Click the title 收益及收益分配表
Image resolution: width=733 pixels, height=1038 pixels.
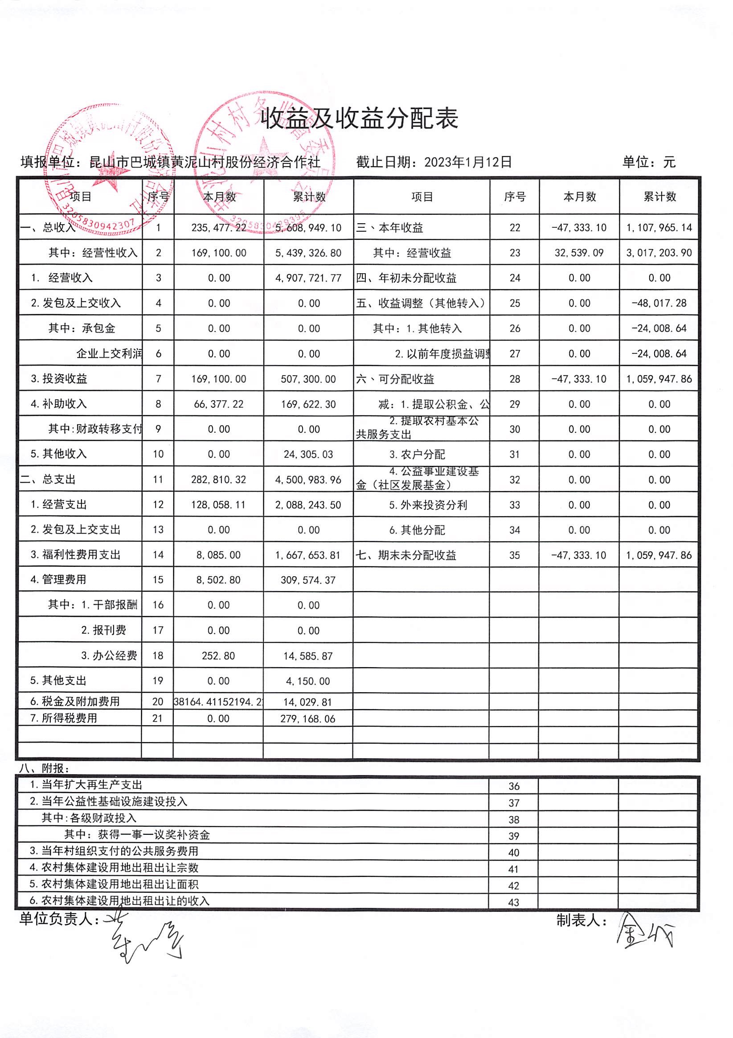(x=360, y=119)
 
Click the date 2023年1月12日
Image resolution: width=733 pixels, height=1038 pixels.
(x=468, y=162)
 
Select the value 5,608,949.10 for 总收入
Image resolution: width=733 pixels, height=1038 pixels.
(x=309, y=228)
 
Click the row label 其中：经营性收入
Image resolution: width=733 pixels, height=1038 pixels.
(x=93, y=253)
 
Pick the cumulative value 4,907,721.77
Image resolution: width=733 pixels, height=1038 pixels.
(x=309, y=278)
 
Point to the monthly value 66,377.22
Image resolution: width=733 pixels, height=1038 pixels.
(x=219, y=404)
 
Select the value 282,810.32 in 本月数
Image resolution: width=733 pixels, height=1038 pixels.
(x=219, y=480)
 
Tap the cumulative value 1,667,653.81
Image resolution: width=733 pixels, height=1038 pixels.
(x=308, y=555)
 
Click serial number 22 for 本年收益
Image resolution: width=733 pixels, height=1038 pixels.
(x=515, y=228)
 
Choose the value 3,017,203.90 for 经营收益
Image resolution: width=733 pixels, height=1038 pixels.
(x=659, y=253)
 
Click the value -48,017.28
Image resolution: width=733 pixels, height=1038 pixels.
(x=659, y=304)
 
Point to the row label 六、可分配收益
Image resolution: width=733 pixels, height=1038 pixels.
(x=395, y=379)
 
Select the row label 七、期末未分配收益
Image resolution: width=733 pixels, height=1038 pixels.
(x=406, y=555)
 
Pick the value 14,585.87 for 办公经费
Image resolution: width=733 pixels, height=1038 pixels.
(x=308, y=656)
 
